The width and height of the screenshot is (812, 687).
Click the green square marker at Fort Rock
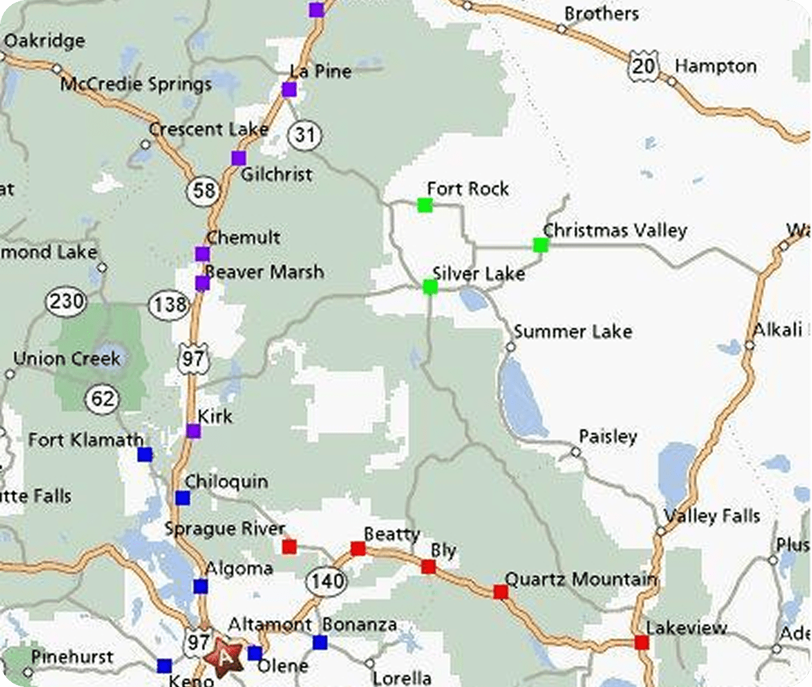point(425,205)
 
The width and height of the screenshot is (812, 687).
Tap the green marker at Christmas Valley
point(540,245)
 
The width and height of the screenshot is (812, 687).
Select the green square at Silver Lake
point(430,287)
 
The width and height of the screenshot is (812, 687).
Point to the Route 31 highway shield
point(304,135)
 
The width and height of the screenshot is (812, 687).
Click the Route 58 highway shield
point(204,190)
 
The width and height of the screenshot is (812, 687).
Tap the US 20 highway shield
point(643,66)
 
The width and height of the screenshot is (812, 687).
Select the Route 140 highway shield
point(328,581)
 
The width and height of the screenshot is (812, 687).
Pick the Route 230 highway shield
point(66,300)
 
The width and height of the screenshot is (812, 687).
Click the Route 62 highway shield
point(102,399)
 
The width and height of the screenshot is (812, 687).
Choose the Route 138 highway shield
point(169,304)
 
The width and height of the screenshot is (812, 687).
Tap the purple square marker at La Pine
point(290,89)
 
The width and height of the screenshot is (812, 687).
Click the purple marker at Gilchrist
point(238,158)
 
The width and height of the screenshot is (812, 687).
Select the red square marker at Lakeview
point(641,642)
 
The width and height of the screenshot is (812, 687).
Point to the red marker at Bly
point(428,567)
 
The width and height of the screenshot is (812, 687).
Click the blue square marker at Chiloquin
point(182,498)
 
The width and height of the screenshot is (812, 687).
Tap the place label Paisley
point(608,437)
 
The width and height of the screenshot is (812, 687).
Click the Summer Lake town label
point(572,332)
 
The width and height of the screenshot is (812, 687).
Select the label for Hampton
point(715,66)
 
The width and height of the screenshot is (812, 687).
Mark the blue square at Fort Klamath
point(145,454)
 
